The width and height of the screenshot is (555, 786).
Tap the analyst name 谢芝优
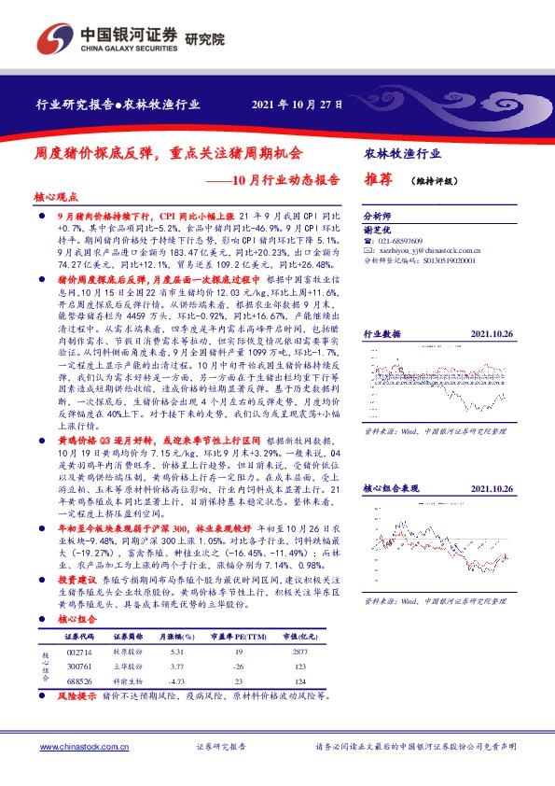[x=378, y=228]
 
